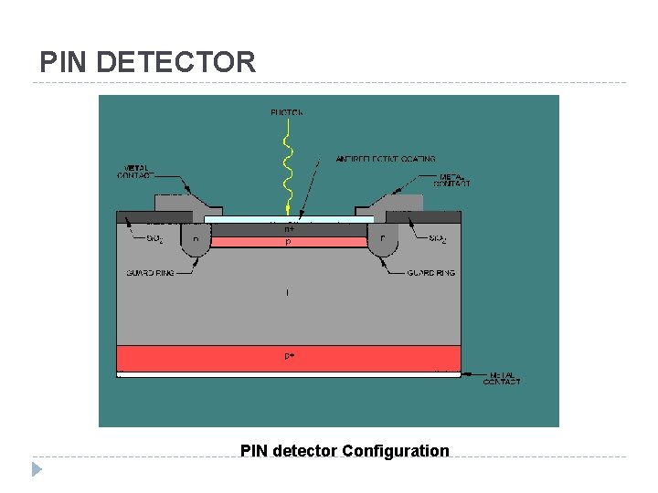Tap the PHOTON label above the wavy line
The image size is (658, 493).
tap(286, 112)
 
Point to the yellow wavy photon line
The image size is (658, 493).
tap(288, 169)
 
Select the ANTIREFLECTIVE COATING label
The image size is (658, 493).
tap(385, 159)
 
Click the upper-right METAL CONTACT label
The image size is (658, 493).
tap(454, 180)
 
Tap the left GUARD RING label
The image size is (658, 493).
tap(146, 273)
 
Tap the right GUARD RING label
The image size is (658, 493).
tap(431, 272)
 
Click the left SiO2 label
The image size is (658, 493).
tap(154, 239)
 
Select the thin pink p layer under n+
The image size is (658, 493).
tap(289, 243)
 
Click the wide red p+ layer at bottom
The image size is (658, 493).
tap(289, 357)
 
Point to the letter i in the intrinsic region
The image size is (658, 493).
tap(288, 293)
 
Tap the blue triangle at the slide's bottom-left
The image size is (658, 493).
tap(37, 470)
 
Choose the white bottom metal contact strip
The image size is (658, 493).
tap(289, 373)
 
